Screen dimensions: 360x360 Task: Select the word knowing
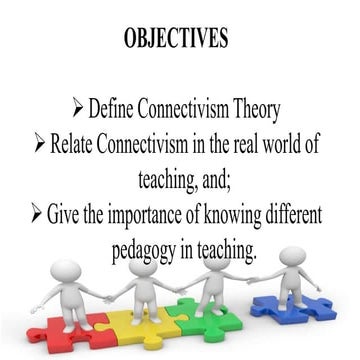[231, 213]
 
